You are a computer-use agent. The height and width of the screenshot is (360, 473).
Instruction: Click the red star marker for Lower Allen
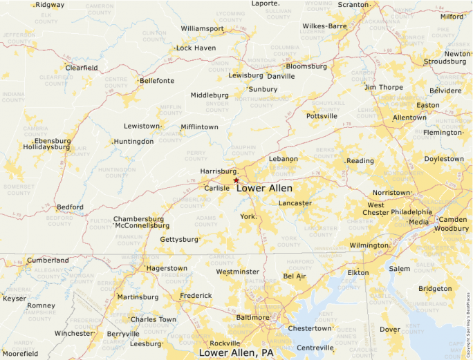pos(236,180)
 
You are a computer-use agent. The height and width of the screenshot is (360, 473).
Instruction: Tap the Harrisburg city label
pos(219,171)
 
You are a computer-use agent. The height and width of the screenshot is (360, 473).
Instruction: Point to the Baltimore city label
pos(252,317)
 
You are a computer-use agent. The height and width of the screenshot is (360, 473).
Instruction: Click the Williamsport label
pos(203,29)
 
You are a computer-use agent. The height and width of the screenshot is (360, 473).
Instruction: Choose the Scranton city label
pos(353,5)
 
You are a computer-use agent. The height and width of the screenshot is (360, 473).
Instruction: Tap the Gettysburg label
pos(179,239)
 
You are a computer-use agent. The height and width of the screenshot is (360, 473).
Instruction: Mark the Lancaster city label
pos(295,203)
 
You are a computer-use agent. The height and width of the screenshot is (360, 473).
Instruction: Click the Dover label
pos(391,330)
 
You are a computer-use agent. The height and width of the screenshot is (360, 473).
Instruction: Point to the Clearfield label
pos(82,68)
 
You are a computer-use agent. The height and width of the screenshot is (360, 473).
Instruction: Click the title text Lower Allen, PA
pos(236,352)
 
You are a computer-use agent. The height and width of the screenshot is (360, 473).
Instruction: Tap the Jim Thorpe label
pos(383,87)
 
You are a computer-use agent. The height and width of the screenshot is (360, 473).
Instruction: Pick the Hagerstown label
pos(167,268)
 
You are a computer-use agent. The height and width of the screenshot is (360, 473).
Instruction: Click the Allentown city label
pos(409,117)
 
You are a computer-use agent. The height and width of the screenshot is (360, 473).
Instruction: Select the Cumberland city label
pos(48,260)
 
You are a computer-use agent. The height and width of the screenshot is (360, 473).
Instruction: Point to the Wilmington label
pos(369,245)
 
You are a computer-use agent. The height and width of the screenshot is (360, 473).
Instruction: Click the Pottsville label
pos(322,116)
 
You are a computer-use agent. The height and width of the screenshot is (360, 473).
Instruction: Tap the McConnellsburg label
pos(142,225)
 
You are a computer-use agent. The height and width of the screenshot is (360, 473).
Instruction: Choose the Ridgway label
pos(50,5)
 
